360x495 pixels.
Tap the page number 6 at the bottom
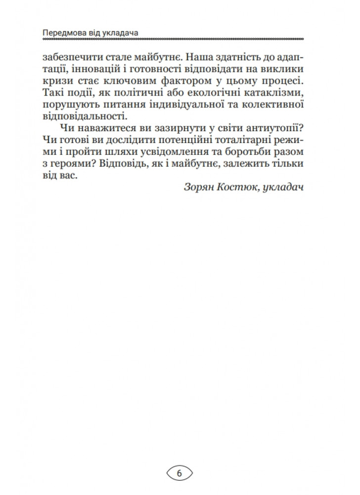[x=179, y=473]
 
